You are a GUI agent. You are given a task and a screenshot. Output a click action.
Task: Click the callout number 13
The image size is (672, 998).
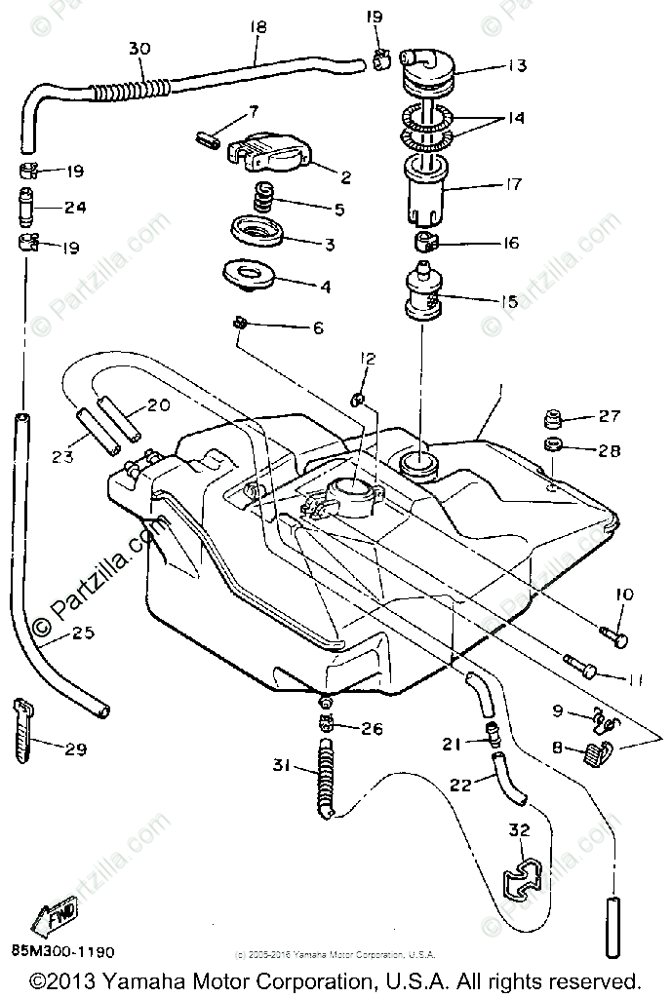[x=516, y=66]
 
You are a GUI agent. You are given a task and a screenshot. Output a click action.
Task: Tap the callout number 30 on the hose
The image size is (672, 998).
[x=139, y=46]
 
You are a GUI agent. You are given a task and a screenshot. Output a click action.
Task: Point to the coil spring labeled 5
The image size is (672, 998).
[x=264, y=201]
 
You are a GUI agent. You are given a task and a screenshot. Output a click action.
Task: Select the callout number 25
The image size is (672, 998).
[x=83, y=633]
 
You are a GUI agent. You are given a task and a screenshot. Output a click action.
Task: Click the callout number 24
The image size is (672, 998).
[x=75, y=207]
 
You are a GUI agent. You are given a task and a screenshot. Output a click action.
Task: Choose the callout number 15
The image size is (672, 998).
[x=508, y=302]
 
